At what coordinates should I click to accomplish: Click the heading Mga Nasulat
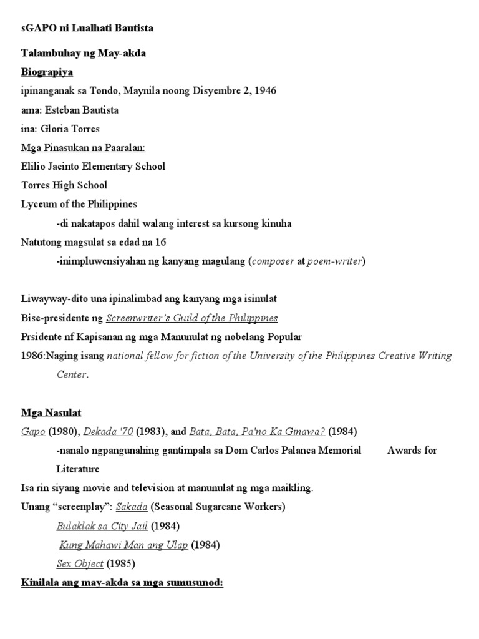pos(51,412)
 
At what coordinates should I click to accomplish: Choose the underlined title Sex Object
pos(80,563)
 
